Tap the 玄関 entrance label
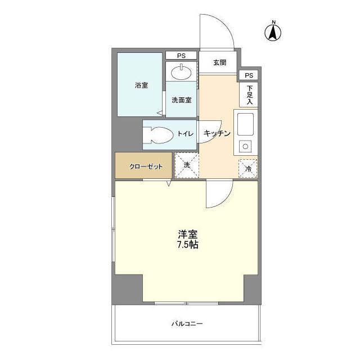point(219,62)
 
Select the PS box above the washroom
point(181,55)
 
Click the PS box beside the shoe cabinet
point(249,75)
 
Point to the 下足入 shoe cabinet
point(249,94)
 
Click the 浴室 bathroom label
point(141,85)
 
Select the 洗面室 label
point(181,100)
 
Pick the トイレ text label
point(186,134)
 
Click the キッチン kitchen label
point(217,134)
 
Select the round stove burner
point(246,147)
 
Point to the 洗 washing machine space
point(186,166)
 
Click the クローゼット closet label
point(146,166)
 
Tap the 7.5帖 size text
point(187,245)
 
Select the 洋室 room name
point(187,234)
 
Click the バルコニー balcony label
point(187,324)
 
